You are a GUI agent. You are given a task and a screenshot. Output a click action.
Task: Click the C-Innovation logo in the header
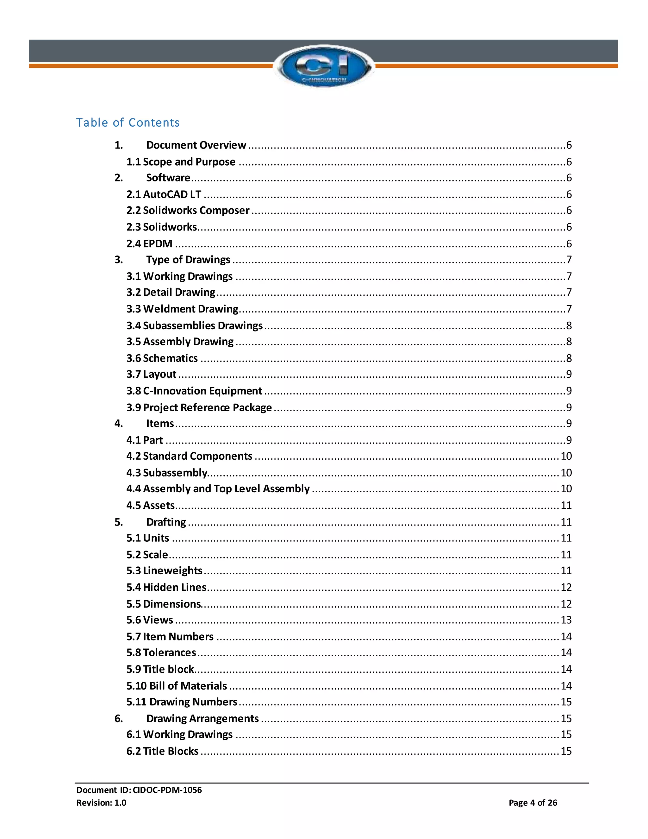pos(324,66)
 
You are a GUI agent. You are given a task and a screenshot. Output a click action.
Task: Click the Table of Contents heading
pos(128,123)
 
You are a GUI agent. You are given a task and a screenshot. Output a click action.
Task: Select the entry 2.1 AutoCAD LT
pos(164,194)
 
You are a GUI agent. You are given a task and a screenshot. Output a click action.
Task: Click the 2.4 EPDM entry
pos(149,243)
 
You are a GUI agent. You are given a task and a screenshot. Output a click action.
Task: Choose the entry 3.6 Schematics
pos(162,358)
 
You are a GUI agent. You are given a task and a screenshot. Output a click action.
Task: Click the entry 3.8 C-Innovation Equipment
pos(194,391)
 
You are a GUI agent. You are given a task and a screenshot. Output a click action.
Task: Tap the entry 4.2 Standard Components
pos(190,456)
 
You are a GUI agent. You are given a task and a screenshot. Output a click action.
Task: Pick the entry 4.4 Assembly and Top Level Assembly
pos(218,489)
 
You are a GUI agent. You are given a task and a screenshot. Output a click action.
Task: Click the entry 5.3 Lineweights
pos(164,571)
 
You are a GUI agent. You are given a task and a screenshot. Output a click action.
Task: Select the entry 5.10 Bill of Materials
pos(177,686)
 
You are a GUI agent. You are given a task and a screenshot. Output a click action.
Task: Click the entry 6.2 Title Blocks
pos(162,751)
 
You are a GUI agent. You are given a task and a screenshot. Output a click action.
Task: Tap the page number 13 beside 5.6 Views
pos(566,620)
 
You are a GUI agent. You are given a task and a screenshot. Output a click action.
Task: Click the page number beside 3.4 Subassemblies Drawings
pos(569,326)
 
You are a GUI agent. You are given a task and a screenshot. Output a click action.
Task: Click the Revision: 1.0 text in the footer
pos(101,803)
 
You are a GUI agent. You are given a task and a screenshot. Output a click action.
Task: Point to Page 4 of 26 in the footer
pos(533,803)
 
